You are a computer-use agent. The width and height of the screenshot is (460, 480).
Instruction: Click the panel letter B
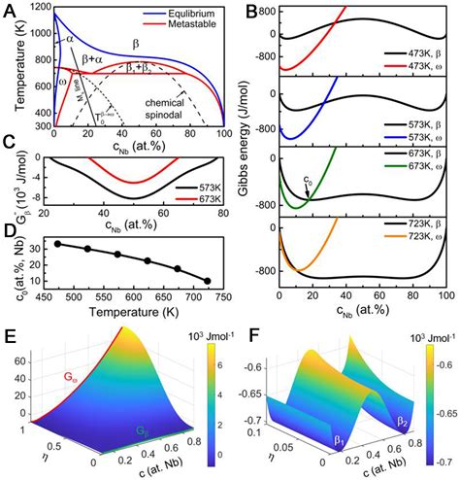click(x=250, y=12)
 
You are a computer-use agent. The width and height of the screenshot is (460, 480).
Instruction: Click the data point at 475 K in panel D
click(x=58, y=244)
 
